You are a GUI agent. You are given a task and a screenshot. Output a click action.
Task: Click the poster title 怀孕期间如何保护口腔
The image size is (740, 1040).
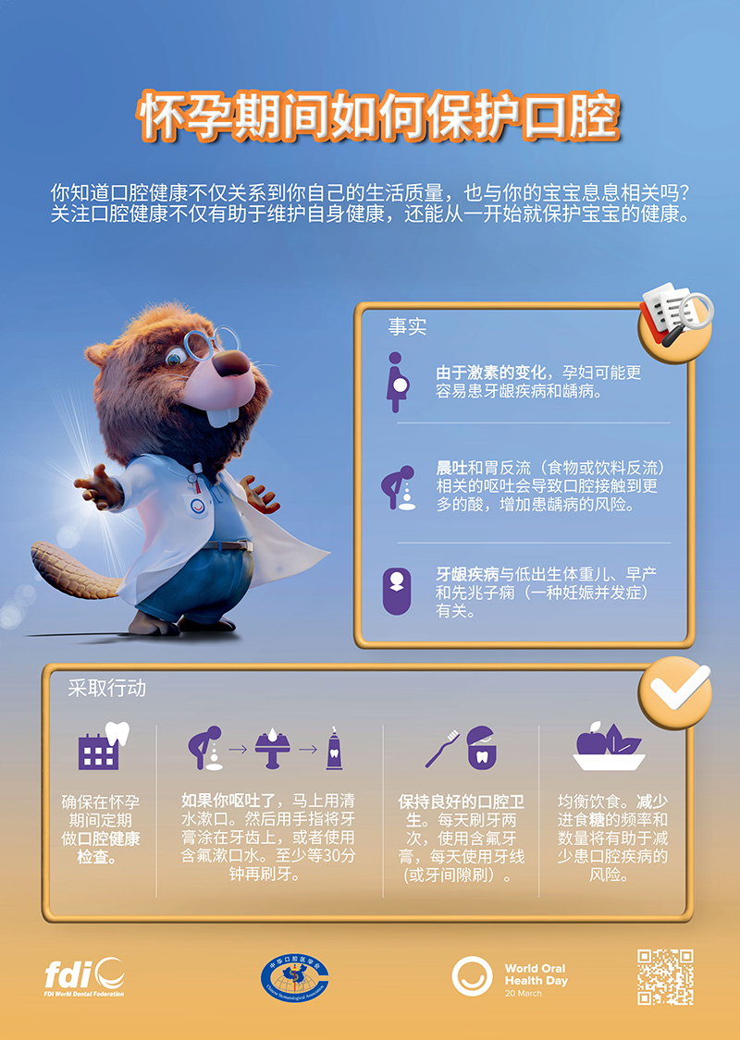(379, 117)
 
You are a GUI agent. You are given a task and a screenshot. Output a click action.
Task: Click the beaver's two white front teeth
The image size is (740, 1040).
(222, 415)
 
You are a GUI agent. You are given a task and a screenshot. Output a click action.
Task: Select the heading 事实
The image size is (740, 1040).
(408, 326)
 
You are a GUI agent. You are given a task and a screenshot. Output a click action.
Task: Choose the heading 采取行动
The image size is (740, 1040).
(107, 688)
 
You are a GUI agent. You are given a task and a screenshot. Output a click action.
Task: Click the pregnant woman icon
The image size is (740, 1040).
(397, 382)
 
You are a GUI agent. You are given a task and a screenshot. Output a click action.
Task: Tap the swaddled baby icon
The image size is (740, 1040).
(397, 591)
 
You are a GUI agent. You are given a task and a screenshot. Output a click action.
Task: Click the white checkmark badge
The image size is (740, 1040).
(675, 691)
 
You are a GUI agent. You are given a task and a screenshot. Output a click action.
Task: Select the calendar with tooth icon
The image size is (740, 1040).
(103, 746)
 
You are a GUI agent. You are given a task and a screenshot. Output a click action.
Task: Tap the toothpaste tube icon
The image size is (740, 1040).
(335, 748)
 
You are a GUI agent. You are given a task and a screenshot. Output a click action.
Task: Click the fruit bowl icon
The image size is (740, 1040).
(609, 745)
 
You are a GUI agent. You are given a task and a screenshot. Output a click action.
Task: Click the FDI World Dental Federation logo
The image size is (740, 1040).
(84, 977)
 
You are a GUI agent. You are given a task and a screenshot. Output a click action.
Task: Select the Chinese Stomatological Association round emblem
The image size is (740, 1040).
(295, 978)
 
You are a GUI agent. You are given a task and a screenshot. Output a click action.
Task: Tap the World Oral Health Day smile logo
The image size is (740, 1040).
(472, 976)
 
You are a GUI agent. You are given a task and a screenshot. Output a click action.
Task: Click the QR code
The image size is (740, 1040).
(665, 976)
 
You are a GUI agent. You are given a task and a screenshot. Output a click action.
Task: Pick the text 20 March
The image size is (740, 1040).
(523, 994)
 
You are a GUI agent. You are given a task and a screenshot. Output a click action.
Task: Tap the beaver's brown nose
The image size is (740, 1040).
(232, 362)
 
